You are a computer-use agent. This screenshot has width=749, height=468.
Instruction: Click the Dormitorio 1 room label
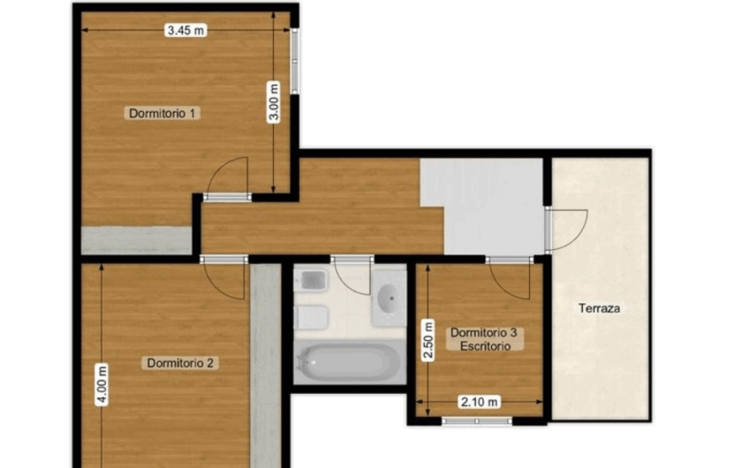click(163, 113)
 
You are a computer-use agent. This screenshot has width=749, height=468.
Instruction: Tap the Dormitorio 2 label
click(182, 363)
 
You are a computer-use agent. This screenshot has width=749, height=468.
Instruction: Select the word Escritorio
click(484, 346)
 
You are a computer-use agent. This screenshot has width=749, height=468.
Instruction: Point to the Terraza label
click(600, 309)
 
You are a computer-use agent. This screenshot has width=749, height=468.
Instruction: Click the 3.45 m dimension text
click(185, 31)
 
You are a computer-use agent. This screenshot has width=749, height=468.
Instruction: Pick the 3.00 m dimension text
click(274, 102)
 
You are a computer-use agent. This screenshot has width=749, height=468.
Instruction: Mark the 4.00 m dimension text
click(102, 385)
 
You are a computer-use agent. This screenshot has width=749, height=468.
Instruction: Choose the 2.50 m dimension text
click(427, 339)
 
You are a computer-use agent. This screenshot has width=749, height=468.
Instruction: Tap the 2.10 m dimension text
click(480, 403)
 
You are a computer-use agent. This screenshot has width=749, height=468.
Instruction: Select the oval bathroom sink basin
click(389, 298)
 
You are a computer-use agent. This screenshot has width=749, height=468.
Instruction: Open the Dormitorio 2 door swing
click(224, 279)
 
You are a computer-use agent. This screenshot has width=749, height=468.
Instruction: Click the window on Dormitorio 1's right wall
click(294, 62)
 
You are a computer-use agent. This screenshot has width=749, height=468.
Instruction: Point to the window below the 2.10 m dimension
click(477, 420)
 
